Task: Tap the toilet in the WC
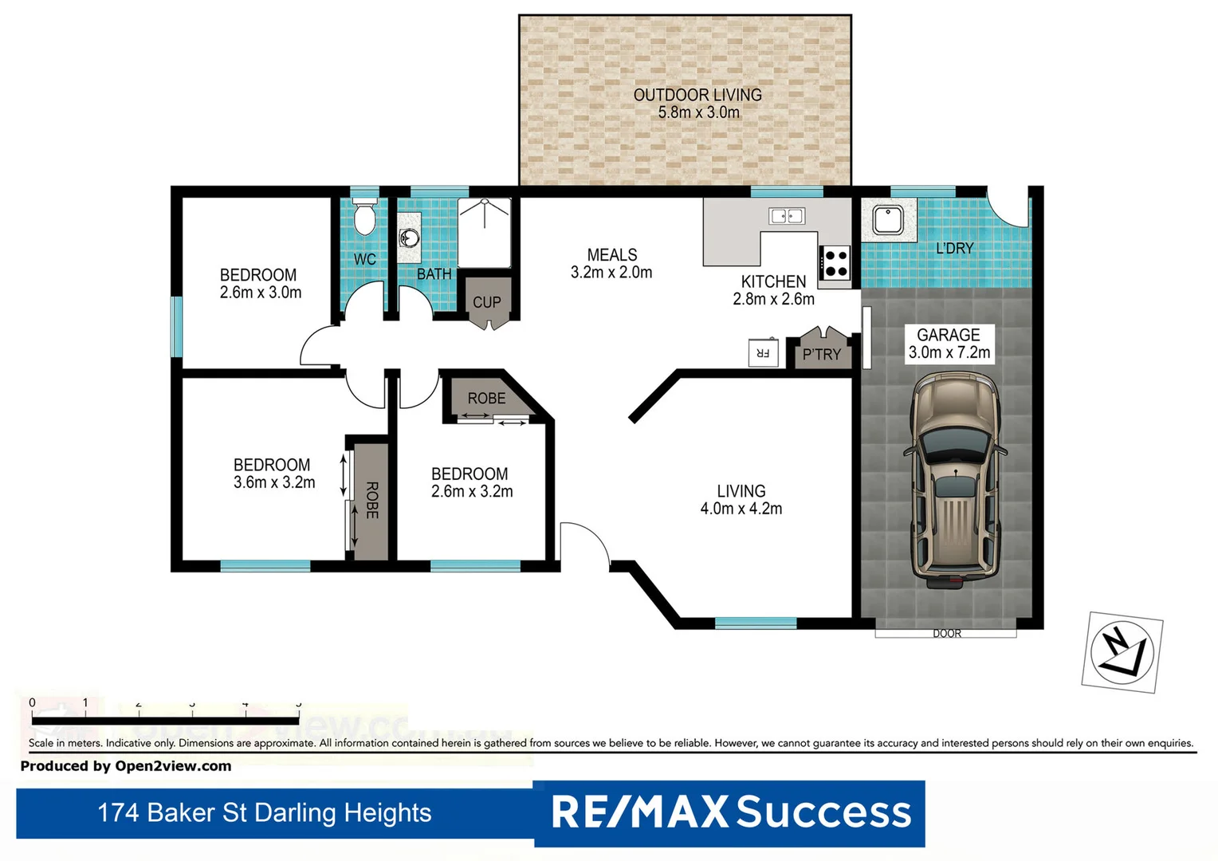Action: (364, 217)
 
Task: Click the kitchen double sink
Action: (786, 216)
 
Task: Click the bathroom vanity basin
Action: (409, 238)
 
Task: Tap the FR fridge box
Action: (762, 352)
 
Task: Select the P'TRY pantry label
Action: (821, 355)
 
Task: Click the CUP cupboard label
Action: (486, 302)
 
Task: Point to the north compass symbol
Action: (1122, 652)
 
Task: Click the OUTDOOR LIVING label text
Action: (697, 95)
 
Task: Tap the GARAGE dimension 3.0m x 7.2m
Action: (949, 352)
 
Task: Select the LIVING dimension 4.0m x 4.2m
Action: (741, 509)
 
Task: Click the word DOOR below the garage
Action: (946, 634)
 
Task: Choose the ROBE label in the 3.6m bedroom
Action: (371, 500)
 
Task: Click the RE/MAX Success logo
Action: (730, 812)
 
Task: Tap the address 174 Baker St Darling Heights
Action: (264, 812)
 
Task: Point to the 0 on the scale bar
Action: (33, 702)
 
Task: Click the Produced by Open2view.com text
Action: (126, 766)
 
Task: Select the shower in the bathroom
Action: (485, 232)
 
